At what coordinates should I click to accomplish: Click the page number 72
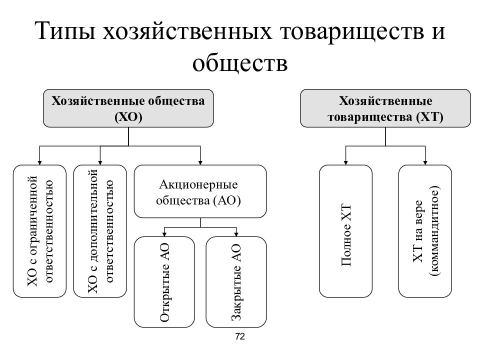pos(240,336)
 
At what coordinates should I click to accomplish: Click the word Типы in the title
pos(65,31)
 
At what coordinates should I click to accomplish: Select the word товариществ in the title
pos(352,31)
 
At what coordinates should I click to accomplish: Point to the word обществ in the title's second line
pos(240,63)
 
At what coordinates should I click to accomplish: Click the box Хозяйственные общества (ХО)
pos(128,108)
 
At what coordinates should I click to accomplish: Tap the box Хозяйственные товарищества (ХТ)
pos(385,108)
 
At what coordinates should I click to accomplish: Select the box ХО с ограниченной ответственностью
pos(39,231)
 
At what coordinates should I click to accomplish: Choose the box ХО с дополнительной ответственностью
pos(100,231)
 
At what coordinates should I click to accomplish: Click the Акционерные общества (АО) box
pos(200,191)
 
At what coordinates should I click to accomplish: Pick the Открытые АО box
pos(164,282)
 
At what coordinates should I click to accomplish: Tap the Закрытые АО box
pos(236,282)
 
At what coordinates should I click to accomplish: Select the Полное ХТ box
pos(345,231)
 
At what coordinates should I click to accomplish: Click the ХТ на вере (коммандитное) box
pos(425,231)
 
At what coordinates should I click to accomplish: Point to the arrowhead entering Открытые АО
pos(164,234)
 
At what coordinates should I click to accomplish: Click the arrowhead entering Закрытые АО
pos(236,234)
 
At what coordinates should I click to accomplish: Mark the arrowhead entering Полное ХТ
pos(345,162)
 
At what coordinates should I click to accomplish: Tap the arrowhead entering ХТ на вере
pos(425,162)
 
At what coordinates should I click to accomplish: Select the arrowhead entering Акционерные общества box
pos(200,162)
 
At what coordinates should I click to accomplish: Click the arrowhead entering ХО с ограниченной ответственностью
pos(39,162)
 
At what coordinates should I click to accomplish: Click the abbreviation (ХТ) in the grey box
pos(430,117)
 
